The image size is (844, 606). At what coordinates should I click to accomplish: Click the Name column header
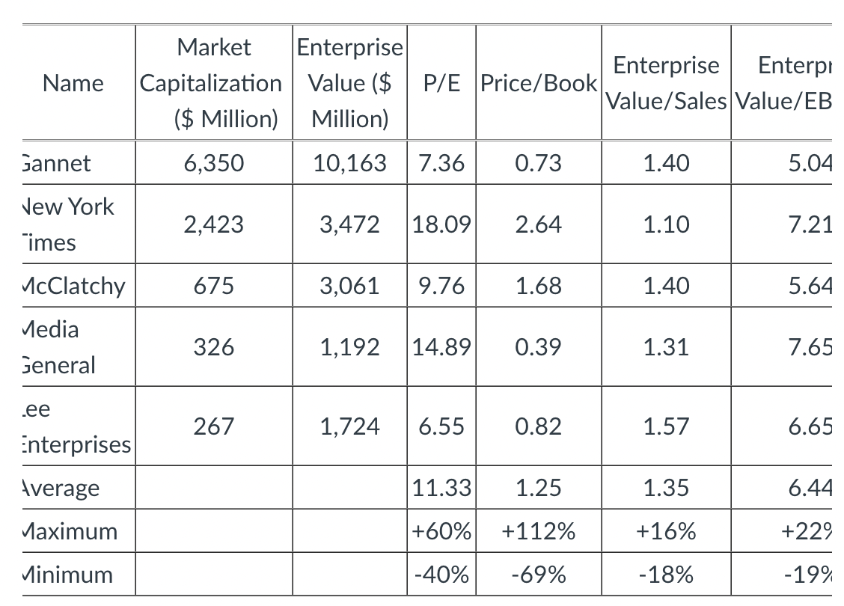[73, 83]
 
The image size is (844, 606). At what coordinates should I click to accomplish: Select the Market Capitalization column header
[213, 83]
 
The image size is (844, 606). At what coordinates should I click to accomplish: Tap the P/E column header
[441, 83]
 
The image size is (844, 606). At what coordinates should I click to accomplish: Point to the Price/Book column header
[538, 83]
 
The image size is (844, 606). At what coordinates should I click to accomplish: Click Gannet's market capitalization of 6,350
[213, 163]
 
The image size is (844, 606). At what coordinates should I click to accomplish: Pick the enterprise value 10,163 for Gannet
[349, 163]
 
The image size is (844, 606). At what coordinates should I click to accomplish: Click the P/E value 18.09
[441, 224]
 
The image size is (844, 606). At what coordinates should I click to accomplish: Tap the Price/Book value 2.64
[538, 224]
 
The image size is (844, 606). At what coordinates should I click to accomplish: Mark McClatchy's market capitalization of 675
[213, 286]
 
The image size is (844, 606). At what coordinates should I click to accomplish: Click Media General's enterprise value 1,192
[349, 347]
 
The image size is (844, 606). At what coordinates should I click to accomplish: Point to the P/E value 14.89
[441, 347]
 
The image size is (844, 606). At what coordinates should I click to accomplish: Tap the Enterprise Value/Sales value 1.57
[666, 426]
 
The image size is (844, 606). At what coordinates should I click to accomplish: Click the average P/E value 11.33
[441, 488]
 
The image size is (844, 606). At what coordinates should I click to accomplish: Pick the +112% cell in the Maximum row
[538, 532]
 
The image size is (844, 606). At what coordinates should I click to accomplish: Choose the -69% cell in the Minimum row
[538, 575]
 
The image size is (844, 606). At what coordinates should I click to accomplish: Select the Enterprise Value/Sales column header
[666, 83]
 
